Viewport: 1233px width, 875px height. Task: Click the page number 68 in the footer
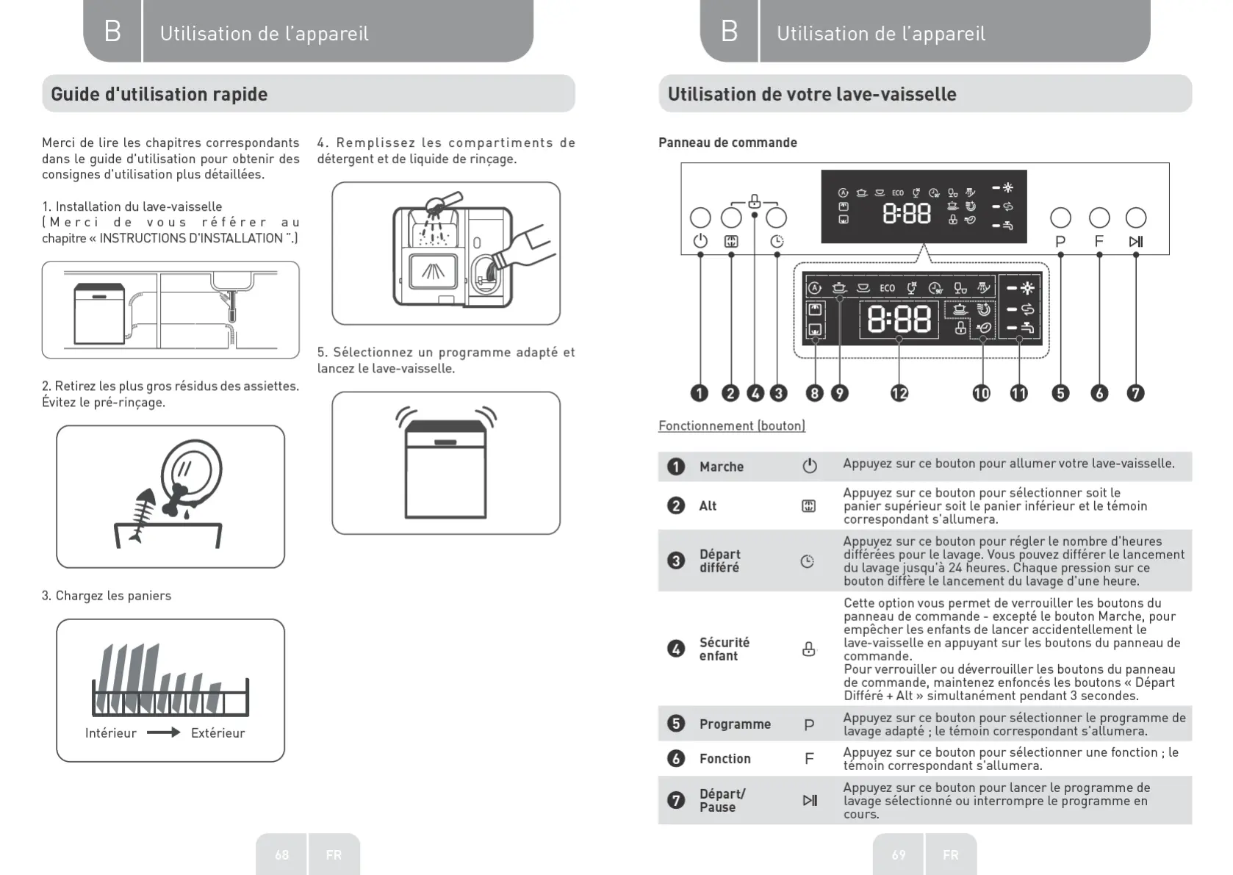[282, 854]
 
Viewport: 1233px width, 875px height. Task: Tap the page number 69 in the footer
[899, 854]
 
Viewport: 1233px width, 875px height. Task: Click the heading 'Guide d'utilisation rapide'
[159, 94]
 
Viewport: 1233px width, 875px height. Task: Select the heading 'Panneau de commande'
[727, 143]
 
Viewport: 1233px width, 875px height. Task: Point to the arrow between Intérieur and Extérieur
[163, 732]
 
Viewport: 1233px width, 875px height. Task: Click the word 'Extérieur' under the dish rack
[218, 732]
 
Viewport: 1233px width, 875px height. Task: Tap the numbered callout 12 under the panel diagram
[899, 393]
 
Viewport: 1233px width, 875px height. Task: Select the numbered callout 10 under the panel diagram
[982, 393]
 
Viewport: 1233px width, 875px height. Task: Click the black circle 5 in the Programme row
[675, 724]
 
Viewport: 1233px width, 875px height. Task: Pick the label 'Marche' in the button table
[721, 467]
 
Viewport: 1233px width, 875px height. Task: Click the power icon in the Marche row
[809, 466]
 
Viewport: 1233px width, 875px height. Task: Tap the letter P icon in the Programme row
[809, 724]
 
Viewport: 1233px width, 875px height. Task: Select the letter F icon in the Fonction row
[809, 758]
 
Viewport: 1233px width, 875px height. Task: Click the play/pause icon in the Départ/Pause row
[809, 800]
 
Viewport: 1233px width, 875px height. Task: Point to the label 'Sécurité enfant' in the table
[724, 649]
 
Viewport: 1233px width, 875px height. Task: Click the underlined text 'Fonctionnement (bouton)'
[731, 425]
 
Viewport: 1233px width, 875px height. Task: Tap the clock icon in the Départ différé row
[807, 561]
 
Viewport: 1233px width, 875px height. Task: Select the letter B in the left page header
[112, 31]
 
